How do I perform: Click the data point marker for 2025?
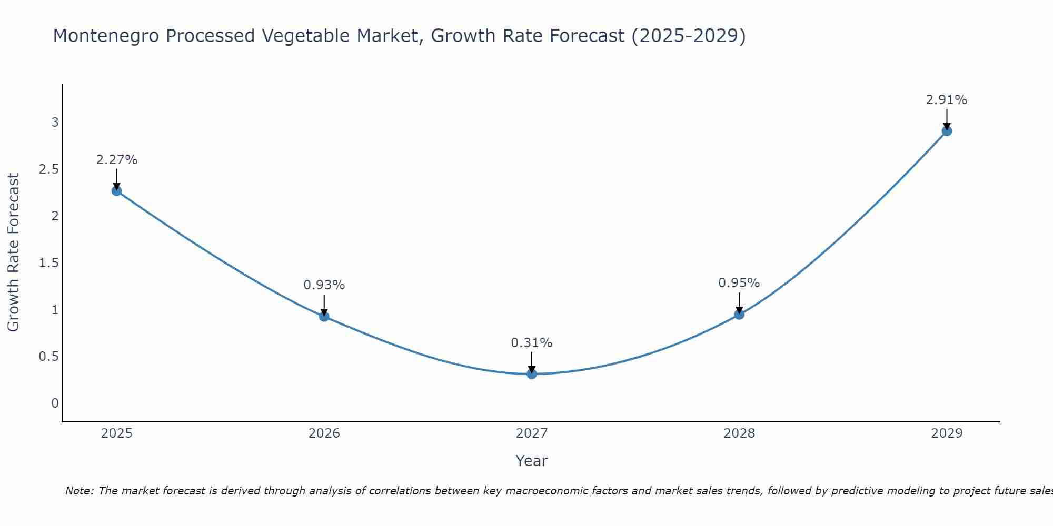(117, 190)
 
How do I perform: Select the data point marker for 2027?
(532, 374)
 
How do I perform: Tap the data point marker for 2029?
(947, 131)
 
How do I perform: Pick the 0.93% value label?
(324, 285)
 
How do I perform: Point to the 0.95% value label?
(739, 283)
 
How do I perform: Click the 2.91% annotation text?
(947, 100)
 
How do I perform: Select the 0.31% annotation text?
(532, 343)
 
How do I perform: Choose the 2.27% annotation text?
(117, 160)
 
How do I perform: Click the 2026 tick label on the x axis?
(324, 433)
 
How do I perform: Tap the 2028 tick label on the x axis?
(739, 433)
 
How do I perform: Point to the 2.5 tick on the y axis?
(48, 169)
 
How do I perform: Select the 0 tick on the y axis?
(55, 403)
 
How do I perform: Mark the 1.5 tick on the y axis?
(48, 263)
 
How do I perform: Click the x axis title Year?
(532, 461)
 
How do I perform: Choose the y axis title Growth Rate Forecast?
(13, 252)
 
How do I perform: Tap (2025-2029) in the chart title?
(689, 36)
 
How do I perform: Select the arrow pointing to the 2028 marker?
(739, 304)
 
